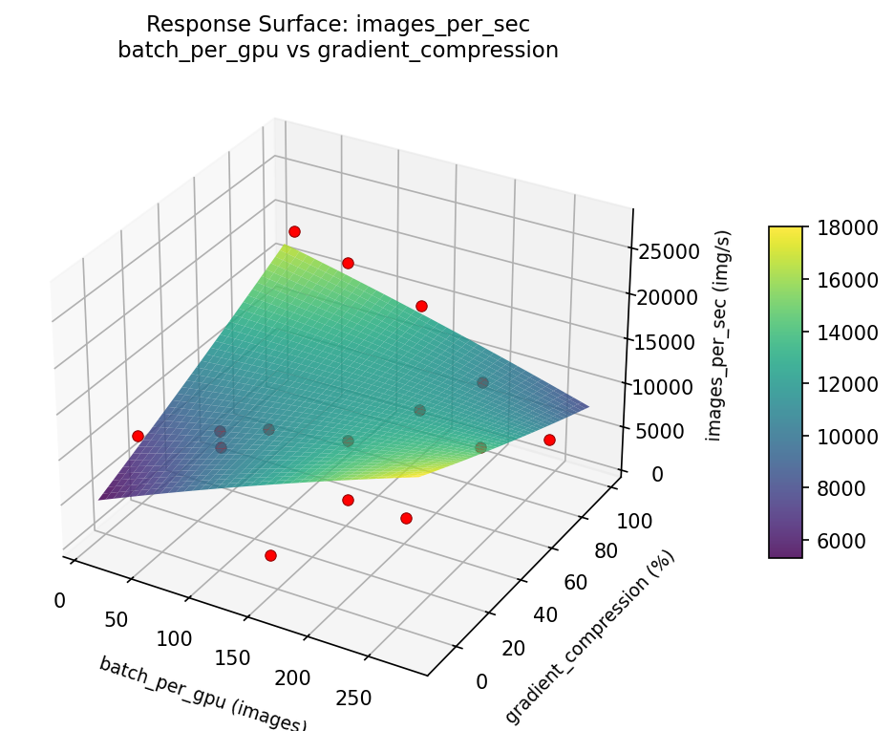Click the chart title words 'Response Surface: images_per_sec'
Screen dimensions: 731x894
point(337,24)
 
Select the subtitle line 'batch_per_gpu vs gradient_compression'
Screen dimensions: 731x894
point(337,51)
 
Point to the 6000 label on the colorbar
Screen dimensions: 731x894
point(834,541)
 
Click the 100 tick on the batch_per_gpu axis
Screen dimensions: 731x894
point(175,639)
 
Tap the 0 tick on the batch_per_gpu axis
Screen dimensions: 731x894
point(59,600)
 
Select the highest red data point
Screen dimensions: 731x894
point(294,231)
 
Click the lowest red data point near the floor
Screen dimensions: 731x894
point(270,555)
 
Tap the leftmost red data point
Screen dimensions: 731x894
point(138,436)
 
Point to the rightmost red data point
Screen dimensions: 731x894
point(549,440)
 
